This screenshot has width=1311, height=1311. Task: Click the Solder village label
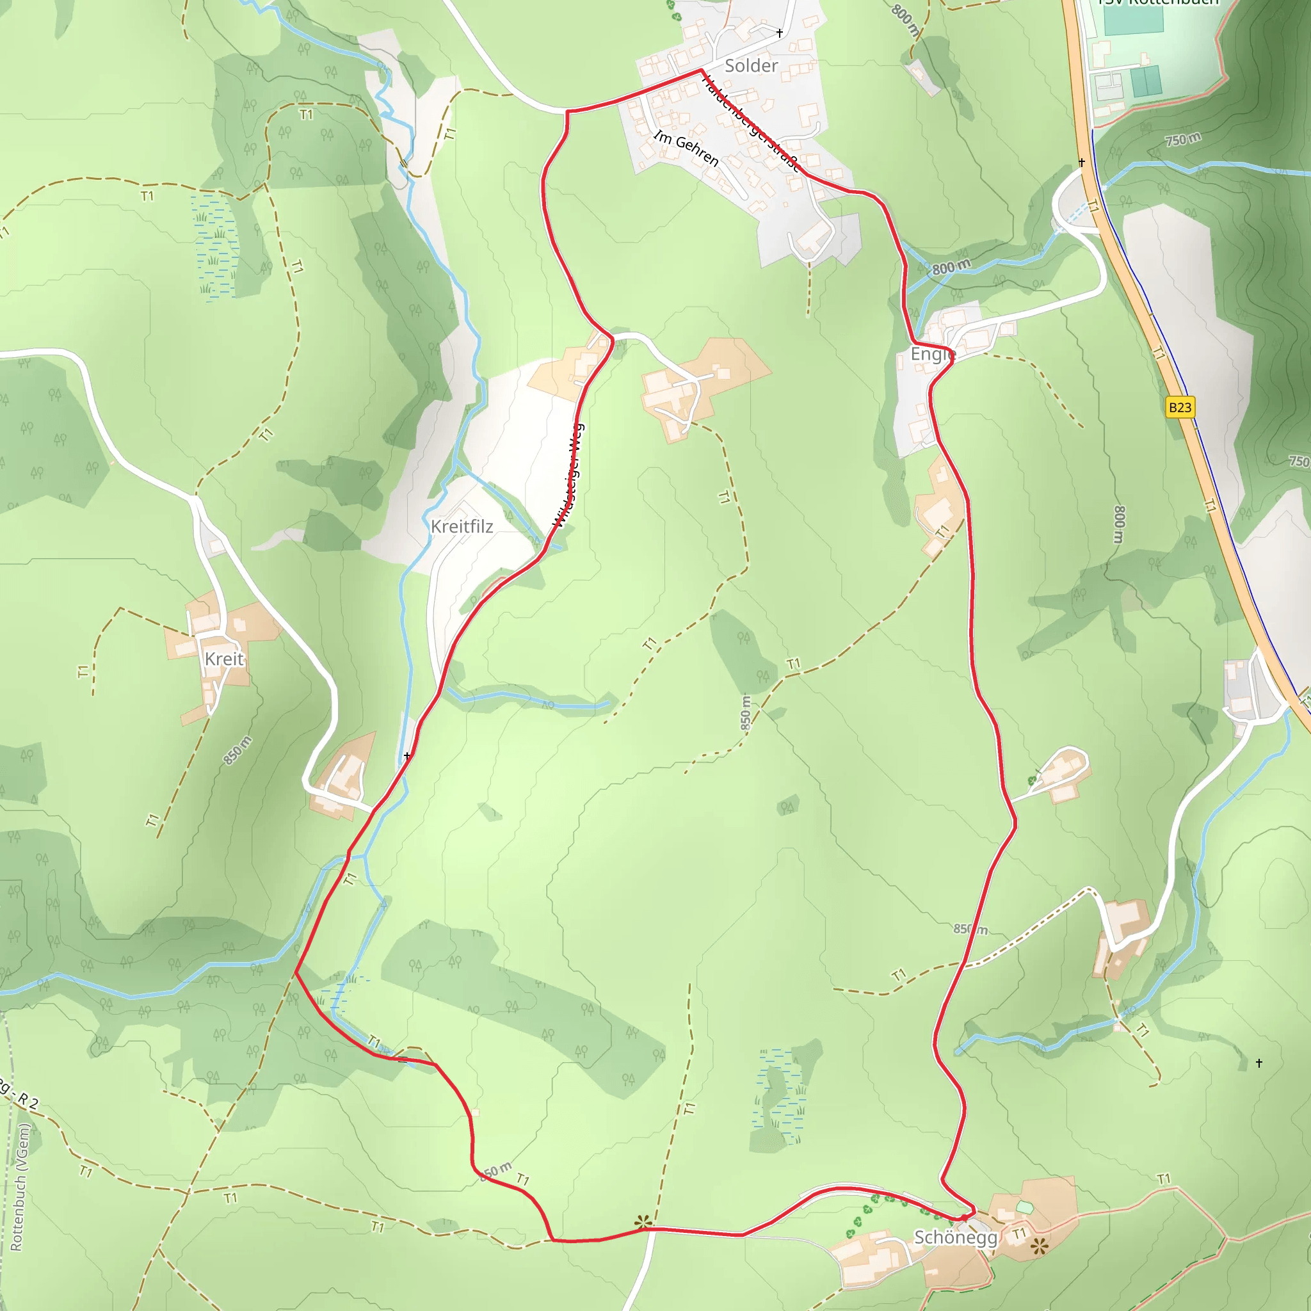(750, 66)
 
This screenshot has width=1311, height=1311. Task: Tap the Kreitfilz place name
(462, 527)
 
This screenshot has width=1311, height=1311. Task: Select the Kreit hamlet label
(224, 659)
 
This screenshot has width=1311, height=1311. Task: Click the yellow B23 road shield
(1180, 407)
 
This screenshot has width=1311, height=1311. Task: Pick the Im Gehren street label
(686, 148)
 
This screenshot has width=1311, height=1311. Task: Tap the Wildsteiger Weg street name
(568, 475)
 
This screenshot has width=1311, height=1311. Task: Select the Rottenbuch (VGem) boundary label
(20, 1187)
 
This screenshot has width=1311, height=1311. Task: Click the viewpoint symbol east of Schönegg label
(1040, 1246)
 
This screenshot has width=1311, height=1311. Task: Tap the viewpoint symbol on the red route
(643, 1223)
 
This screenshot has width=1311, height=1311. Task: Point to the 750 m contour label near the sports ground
(1183, 140)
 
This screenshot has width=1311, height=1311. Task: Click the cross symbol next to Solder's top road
(780, 33)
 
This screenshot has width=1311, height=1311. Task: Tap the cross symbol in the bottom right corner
(1259, 1063)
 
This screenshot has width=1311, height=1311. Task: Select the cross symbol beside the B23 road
(1082, 162)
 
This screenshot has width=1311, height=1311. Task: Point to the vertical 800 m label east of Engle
(1119, 524)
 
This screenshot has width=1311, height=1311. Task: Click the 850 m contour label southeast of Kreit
(237, 750)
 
